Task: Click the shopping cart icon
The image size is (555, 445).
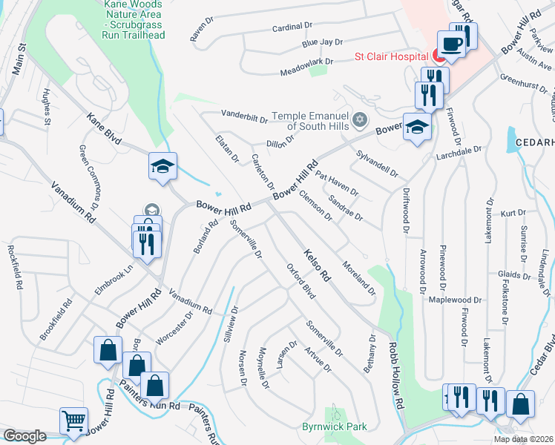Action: pyautogui.click(x=73, y=421)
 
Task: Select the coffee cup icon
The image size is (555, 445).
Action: pyautogui.click(x=451, y=44)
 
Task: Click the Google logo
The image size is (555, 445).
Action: pyautogui.click(x=24, y=436)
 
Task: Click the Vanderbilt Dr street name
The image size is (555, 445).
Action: pyautogui.click(x=244, y=116)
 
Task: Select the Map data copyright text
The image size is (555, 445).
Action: pyautogui.click(x=524, y=439)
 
